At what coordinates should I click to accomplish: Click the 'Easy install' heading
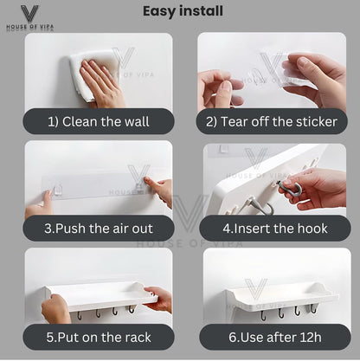183,11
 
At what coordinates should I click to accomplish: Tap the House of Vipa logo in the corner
29,17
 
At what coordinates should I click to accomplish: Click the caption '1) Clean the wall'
99,121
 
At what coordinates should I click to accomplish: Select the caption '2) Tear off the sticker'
272,121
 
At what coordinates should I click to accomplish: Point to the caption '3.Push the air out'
99,229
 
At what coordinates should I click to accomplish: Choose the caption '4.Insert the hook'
275,229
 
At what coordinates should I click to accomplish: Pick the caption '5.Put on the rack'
99,338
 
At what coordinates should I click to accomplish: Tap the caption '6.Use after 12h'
275,338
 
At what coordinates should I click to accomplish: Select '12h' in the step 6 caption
310,338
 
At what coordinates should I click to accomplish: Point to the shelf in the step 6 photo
281,297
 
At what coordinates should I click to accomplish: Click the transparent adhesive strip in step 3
98,187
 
